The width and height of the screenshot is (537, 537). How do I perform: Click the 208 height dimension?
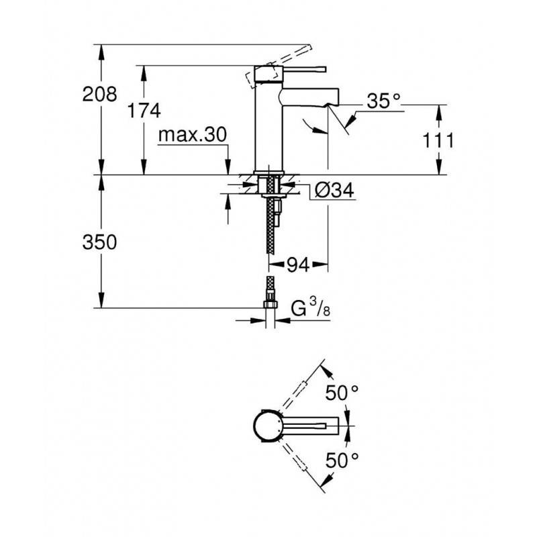point(99,94)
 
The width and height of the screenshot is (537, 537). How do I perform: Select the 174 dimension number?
point(144,111)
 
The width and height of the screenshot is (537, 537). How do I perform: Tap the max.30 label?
point(193,135)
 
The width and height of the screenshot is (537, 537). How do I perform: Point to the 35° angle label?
point(383,101)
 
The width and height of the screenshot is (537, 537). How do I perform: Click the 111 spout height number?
point(438,140)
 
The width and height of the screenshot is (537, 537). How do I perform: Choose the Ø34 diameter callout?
point(334,190)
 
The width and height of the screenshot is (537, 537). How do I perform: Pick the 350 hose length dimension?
point(99,242)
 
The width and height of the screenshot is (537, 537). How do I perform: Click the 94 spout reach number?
point(298,264)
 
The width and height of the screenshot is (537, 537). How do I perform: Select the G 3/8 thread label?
point(311,307)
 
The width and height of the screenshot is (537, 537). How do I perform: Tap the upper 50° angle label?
point(342,393)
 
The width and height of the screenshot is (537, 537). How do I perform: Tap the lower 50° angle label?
point(342,460)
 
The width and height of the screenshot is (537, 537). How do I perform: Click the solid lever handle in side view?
point(304,69)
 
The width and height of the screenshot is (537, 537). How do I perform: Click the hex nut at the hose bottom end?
point(270,304)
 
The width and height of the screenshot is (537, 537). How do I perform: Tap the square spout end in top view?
point(332,426)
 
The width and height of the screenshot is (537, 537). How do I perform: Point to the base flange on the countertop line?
point(268,173)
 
